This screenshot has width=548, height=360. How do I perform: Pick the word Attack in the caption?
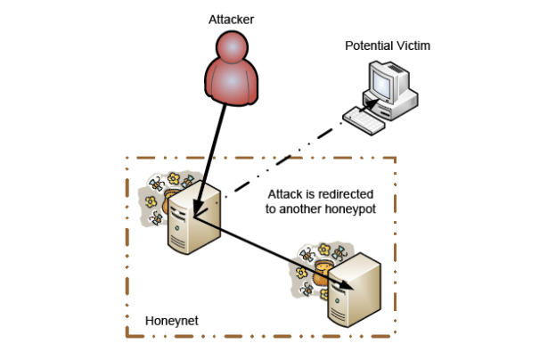click(288, 193)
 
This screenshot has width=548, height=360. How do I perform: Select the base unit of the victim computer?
click(398, 108)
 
